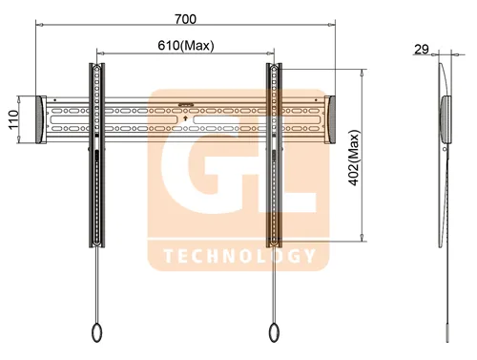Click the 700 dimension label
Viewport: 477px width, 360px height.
pyautogui.click(x=185, y=19)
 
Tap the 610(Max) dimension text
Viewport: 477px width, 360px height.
pyautogui.click(x=186, y=46)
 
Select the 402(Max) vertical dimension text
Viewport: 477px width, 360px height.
pyautogui.click(x=354, y=158)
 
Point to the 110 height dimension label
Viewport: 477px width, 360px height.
pyautogui.click(x=13, y=119)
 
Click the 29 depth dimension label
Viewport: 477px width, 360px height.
pyautogui.click(x=422, y=50)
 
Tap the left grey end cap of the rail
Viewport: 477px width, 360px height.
pyautogui.click(x=41, y=119)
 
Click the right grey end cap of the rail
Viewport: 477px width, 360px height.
pyautogui.click(x=330, y=119)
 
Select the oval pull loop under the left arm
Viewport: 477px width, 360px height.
pyautogui.click(x=96, y=332)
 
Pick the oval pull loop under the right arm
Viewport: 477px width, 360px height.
pyautogui.click(x=274, y=332)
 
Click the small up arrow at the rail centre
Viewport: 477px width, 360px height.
pyautogui.click(x=186, y=119)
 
